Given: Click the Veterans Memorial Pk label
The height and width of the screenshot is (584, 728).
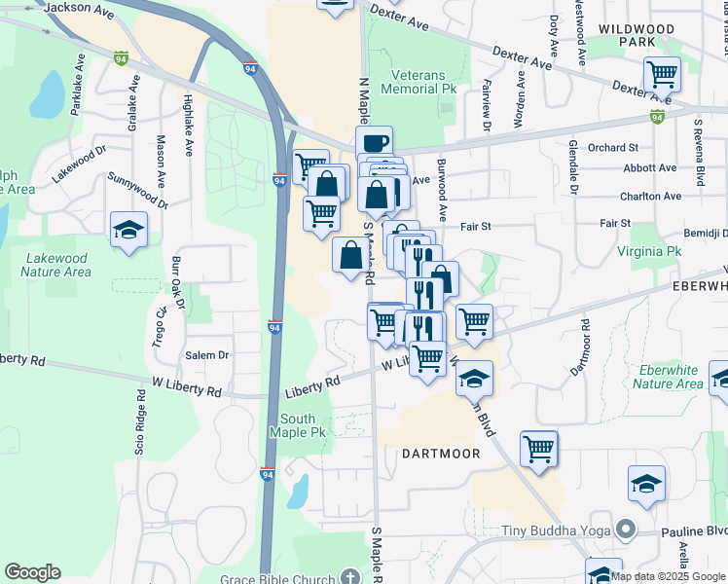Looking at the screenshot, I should (x=423, y=81).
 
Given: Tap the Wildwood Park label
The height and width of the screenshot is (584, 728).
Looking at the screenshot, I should (x=636, y=37).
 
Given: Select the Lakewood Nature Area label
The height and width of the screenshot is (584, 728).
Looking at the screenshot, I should (x=68, y=265).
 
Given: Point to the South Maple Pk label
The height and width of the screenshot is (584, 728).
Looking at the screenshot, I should (x=303, y=425).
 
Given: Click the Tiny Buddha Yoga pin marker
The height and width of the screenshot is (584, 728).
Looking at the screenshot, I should (x=626, y=531).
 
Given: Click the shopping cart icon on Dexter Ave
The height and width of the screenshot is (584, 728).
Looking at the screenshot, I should (x=662, y=72).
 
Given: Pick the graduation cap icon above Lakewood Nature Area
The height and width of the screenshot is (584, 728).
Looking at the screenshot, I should (x=127, y=230).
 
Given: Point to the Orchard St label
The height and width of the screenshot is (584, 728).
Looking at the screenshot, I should (x=612, y=148).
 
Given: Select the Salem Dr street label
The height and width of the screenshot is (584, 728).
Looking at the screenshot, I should (x=207, y=355).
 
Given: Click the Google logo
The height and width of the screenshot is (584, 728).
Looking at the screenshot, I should (x=32, y=572).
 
